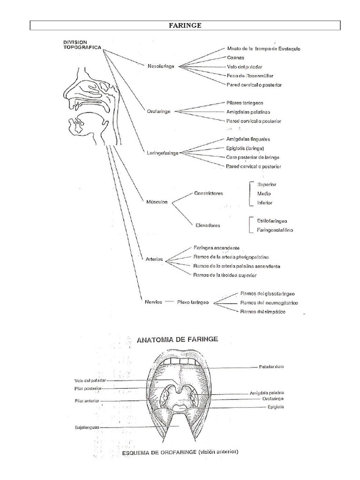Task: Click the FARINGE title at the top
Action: coord(185,25)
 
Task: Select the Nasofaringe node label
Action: coord(161,67)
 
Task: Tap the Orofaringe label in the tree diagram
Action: coord(158,111)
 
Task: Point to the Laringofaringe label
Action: coord(162,153)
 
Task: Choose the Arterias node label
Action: coord(154,259)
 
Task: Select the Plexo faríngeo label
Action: coord(193,302)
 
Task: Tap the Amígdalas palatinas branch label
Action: coord(247,112)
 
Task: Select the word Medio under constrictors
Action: coord(264,194)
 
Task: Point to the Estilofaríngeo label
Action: coord(272,220)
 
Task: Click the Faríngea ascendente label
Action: coord(216,247)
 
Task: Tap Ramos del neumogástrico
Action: coord(269,303)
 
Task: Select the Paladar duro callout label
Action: coord(271,367)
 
